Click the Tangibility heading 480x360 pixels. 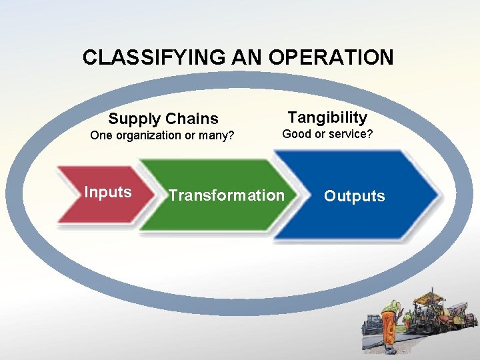click(327, 118)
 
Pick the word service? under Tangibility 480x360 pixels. click(348, 134)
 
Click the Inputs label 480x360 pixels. click(108, 193)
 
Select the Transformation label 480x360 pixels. click(226, 195)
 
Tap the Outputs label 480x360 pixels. click(354, 196)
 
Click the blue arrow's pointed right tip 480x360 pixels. click(438, 195)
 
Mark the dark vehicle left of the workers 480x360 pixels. click(371, 325)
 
